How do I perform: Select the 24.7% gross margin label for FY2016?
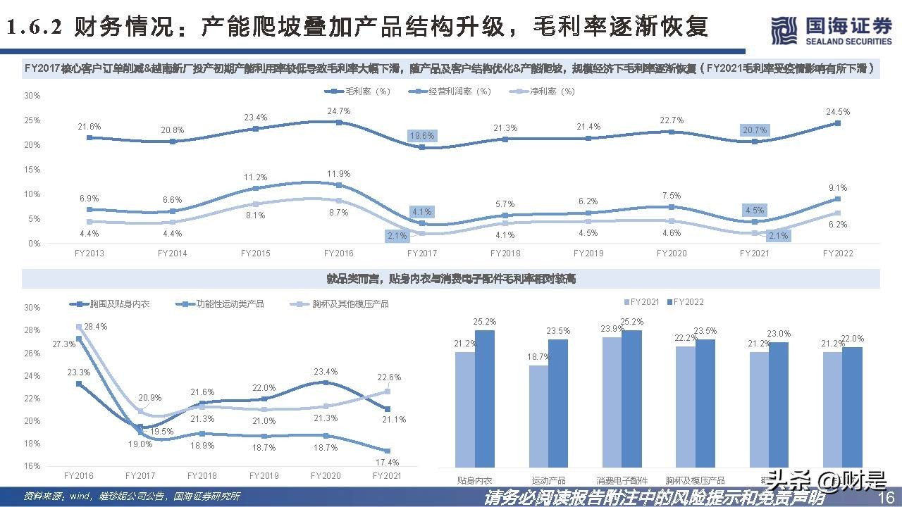pos(340,111)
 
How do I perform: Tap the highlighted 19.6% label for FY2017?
pos(422,136)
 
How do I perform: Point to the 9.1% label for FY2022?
pos(838,188)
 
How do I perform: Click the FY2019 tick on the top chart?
pos(588,253)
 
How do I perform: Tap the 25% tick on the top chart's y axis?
pos(32,120)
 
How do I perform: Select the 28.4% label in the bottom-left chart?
pos(95,327)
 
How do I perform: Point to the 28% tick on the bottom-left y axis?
pos(32,330)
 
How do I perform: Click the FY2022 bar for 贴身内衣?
pos(485,399)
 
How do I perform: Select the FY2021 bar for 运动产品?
pos(538,415)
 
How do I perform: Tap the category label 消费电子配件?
pos(622,480)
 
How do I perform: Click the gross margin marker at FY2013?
pos(89,138)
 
